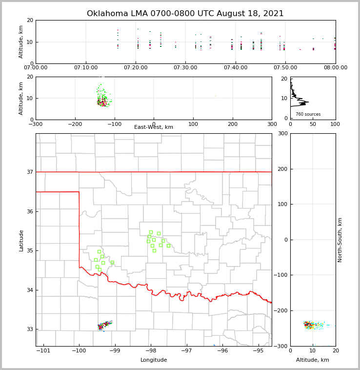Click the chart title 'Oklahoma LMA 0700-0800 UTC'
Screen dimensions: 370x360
click(x=185, y=14)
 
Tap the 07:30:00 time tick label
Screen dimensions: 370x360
click(x=185, y=67)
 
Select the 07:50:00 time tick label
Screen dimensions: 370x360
click(x=285, y=67)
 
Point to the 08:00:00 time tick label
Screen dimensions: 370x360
click(x=335, y=67)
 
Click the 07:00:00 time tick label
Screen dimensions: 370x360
click(x=36, y=67)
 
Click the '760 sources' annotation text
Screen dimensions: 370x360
click(x=308, y=114)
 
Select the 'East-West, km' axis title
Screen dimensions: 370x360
click(x=154, y=127)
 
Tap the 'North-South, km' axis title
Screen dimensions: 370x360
click(x=340, y=240)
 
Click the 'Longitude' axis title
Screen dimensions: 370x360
click(x=154, y=360)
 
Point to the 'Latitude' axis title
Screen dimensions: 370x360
click(x=21, y=240)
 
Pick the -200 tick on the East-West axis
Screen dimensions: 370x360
click(x=75, y=124)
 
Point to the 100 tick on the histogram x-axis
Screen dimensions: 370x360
click(x=335, y=124)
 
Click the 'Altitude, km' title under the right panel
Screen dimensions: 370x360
click(x=313, y=360)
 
